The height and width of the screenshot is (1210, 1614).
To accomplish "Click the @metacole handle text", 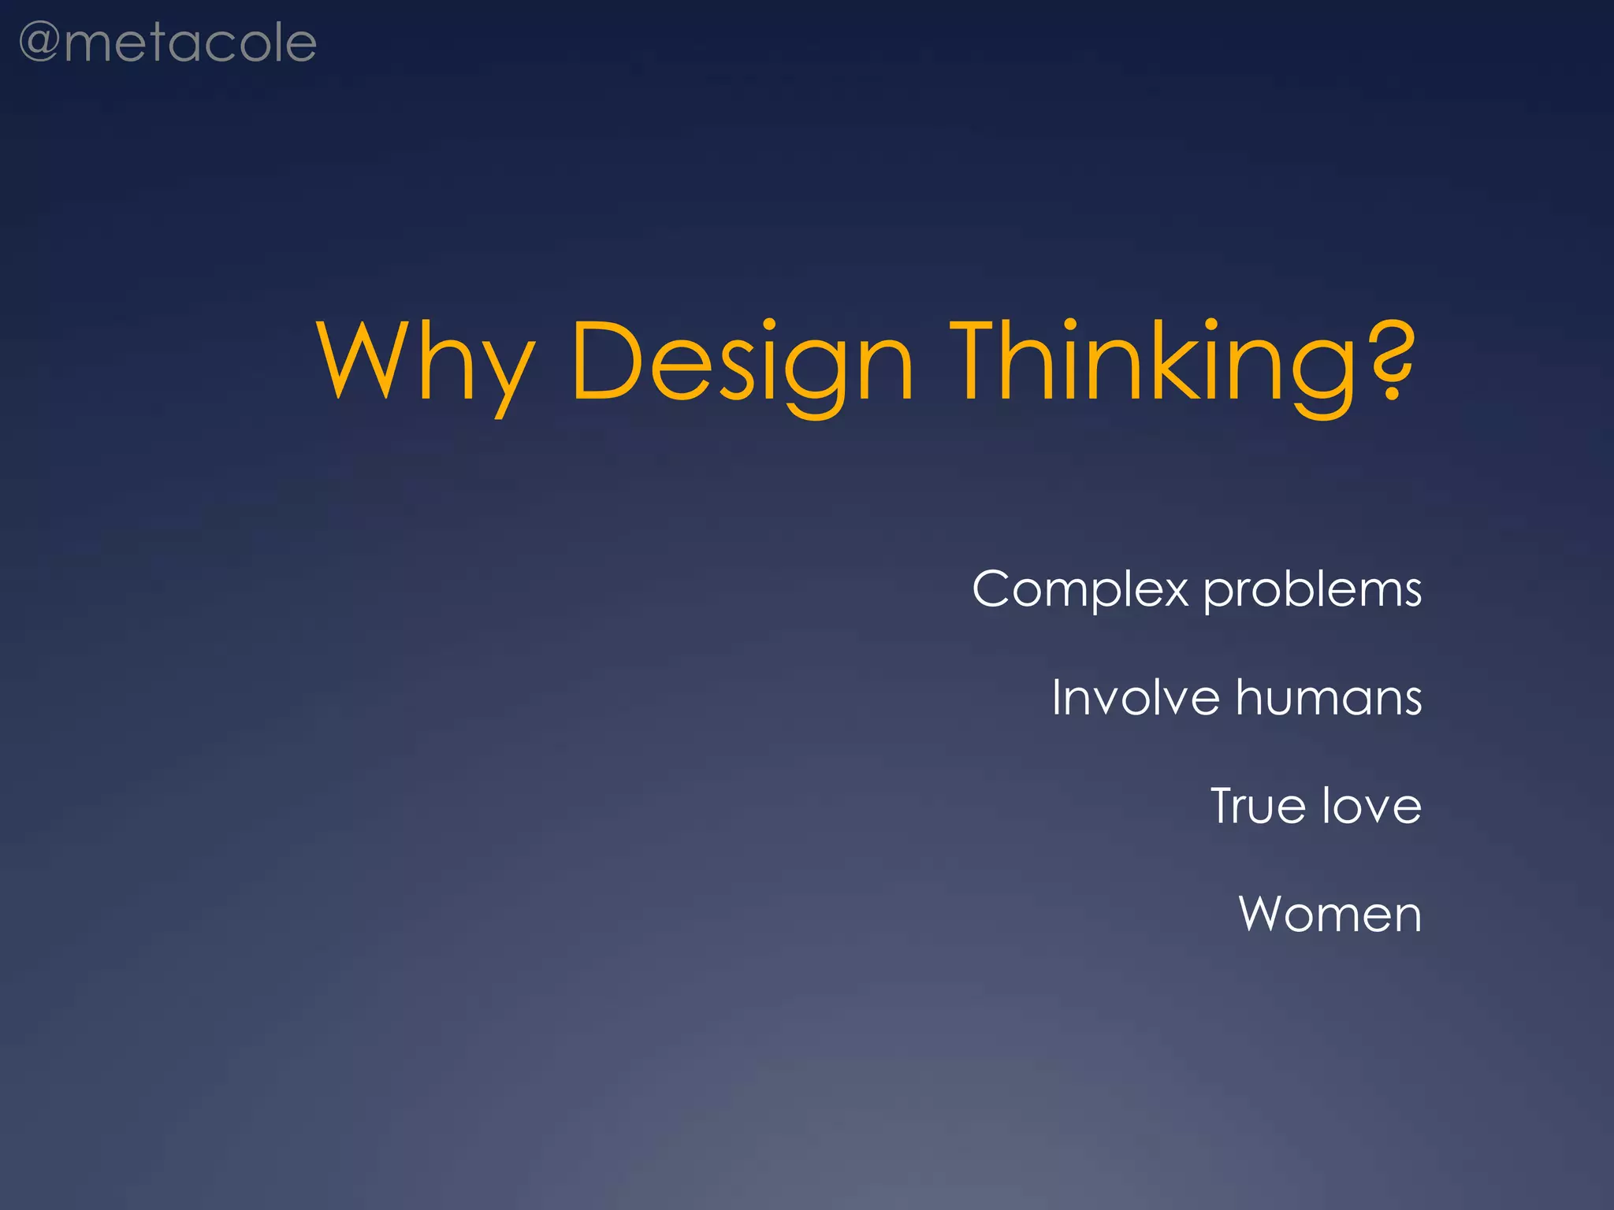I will tap(167, 43).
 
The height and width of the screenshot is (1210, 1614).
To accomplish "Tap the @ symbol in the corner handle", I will tap(39, 43).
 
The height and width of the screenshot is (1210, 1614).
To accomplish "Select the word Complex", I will tap(1080, 589).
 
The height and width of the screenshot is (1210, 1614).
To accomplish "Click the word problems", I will tap(1312, 591).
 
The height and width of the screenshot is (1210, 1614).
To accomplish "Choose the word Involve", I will tap(1136, 698).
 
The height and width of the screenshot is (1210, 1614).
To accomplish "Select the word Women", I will tap(1330, 915).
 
